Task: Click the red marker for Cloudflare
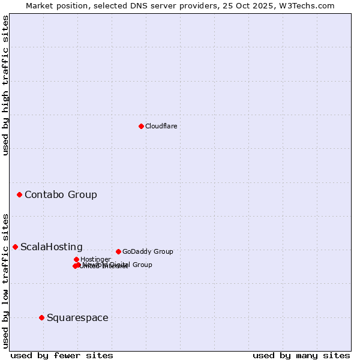click(x=141, y=126)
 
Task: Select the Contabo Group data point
click(x=20, y=194)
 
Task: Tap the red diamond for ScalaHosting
click(x=15, y=247)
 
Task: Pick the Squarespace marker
click(x=41, y=317)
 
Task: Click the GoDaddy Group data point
click(x=118, y=251)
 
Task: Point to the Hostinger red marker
click(x=76, y=259)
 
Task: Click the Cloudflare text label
click(x=161, y=126)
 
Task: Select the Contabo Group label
click(x=61, y=194)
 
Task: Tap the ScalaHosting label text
click(x=52, y=247)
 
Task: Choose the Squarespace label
click(x=77, y=318)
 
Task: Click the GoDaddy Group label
click(x=148, y=251)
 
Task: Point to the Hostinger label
click(x=95, y=259)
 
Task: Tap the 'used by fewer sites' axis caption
click(x=62, y=355)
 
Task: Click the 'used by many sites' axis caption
click(x=301, y=355)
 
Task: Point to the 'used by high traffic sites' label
click(x=5, y=85)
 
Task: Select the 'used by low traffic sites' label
click(x=5, y=281)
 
